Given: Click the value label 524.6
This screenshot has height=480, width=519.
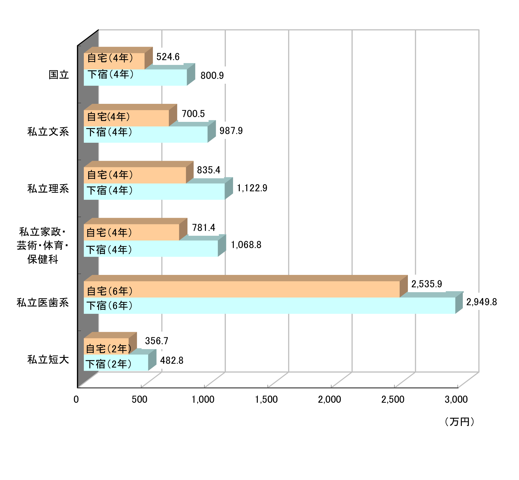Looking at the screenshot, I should [x=168, y=57].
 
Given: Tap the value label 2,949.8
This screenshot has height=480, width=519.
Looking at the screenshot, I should [x=481, y=302].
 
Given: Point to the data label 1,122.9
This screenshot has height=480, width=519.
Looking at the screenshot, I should [x=252, y=188].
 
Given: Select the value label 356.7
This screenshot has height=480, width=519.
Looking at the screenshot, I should [x=156, y=341].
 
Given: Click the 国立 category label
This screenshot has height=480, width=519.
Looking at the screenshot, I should [x=59, y=75].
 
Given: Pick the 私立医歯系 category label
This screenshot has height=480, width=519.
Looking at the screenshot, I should [x=43, y=302].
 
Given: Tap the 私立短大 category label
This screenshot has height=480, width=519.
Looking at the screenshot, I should [x=48, y=359].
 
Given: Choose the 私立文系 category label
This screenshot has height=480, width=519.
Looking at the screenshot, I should [x=48, y=132].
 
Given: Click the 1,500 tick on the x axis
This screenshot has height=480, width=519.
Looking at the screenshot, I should [x=266, y=399].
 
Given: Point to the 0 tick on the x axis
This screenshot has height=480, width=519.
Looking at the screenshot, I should [x=76, y=399].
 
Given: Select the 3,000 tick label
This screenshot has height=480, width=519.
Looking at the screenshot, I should [x=456, y=399].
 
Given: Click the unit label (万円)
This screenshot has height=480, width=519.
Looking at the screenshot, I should [x=459, y=422].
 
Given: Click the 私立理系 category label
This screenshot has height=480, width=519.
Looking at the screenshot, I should [x=48, y=189].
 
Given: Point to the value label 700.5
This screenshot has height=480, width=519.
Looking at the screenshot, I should [x=193, y=114].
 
